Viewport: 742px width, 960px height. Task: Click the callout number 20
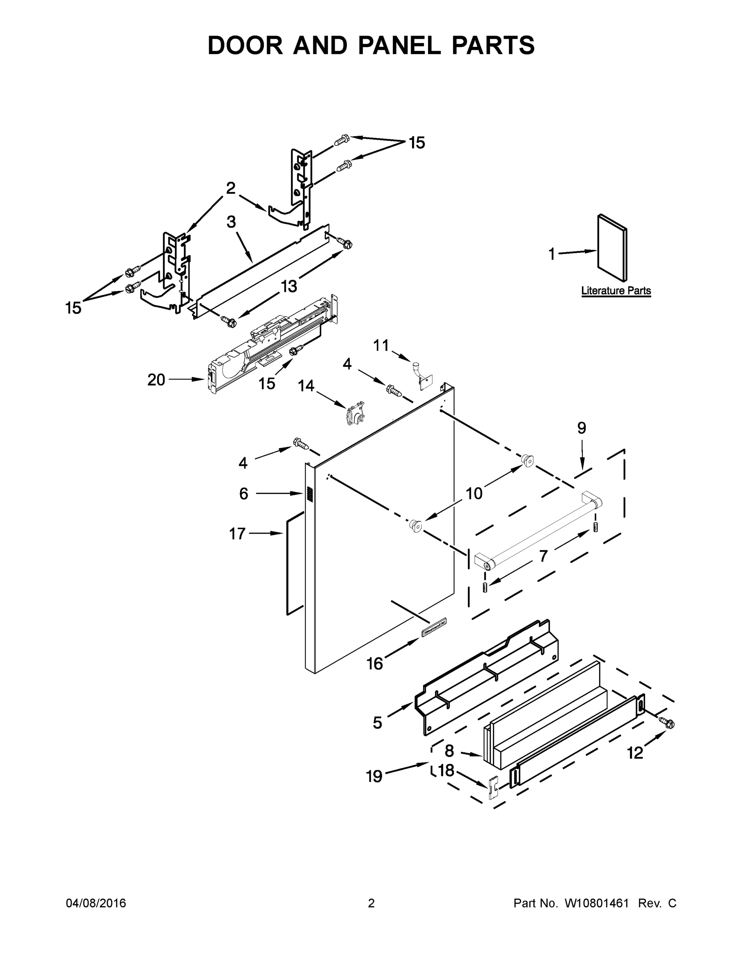(156, 380)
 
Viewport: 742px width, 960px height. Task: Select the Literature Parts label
(616, 290)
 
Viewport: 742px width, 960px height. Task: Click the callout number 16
(374, 664)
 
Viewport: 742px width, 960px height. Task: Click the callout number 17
(237, 534)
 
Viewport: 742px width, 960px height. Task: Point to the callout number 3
(231, 222)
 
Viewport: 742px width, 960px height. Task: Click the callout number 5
(377, 723)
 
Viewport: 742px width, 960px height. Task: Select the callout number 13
(289, 286)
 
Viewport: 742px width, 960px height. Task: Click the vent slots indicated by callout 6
(309, 494)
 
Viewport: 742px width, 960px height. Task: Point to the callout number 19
(374, 777)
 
